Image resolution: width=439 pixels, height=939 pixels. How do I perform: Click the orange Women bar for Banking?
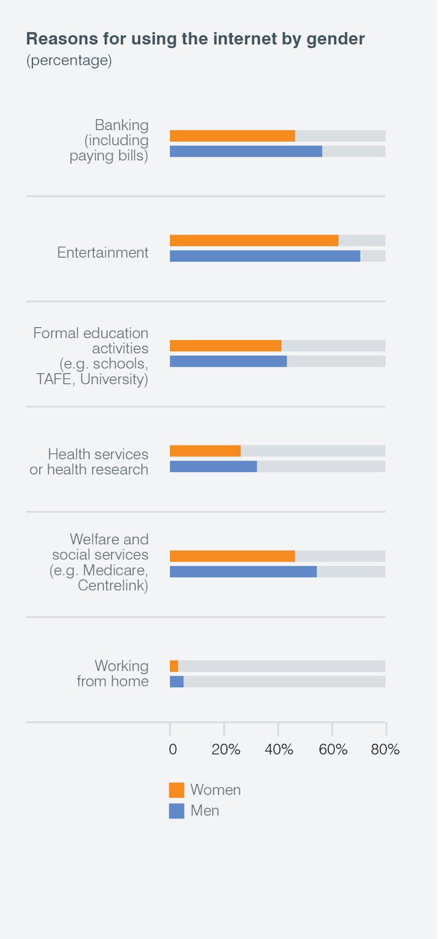coord(232,136)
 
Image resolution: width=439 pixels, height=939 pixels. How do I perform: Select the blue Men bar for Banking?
coord(246,151)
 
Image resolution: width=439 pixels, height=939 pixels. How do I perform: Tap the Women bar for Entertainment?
coord(254,241)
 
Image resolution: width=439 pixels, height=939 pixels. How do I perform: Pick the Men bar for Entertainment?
coord(265,256)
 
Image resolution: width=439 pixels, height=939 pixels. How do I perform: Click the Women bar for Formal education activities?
coord(225,346)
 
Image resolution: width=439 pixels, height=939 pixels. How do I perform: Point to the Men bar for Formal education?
coord(228,361)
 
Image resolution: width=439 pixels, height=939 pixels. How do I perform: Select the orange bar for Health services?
coord(205,451)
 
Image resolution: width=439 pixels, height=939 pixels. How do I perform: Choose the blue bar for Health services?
coord(213,467)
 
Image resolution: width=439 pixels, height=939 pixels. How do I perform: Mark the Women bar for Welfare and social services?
coord(232,556)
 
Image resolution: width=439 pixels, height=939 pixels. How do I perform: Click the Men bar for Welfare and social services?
coord(243,571)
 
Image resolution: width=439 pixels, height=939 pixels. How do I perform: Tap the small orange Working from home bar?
coord(174,666)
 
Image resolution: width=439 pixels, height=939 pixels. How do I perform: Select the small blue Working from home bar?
coord(176,682)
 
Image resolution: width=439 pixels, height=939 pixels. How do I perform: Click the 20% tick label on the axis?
coord(226,750)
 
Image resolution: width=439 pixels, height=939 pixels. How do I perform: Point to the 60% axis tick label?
coord(333,750)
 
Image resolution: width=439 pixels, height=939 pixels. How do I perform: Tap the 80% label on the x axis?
coord(385,750)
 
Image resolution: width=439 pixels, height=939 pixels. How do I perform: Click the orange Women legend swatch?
coord(176,790)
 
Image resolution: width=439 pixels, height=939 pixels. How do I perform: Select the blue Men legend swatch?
coord(176,811)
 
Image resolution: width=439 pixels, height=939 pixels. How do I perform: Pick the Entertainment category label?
coord(102,252)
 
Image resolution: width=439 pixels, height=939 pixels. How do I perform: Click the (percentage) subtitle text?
coord(69,60)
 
